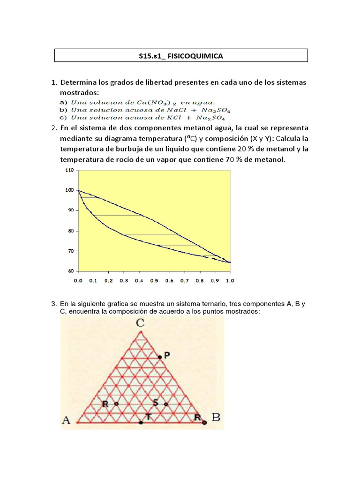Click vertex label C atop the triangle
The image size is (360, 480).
[140, 322]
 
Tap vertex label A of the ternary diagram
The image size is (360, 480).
[66, 420]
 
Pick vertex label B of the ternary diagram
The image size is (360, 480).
[216, 417]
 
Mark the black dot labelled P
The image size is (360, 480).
[159, 357]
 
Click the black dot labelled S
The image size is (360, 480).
[165, 404]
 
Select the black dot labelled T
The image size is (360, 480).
[141, 422]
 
